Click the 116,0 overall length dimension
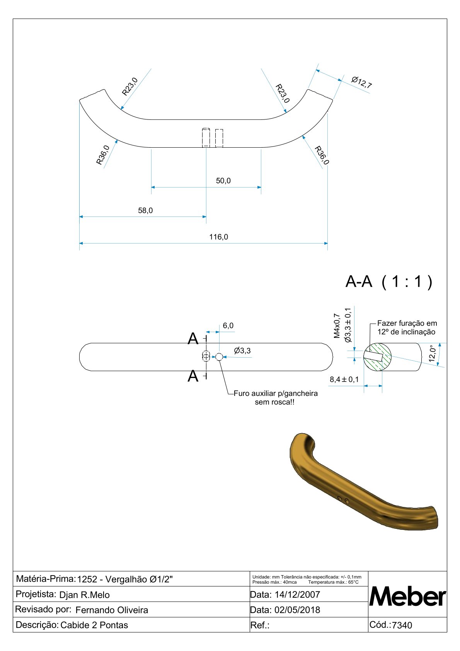click(218, 237)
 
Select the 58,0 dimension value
click(145, 211)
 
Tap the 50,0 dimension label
click(223, 181)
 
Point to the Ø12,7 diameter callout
click(361, 82)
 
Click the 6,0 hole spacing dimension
click(228, 325)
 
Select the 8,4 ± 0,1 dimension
click(344, 380)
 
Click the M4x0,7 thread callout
click(337, 326)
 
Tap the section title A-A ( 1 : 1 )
click(388, 282)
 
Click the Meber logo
click(407, 596)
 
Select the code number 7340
click(402, 625)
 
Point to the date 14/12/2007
click(297, 595)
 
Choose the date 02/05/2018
click(297, 610)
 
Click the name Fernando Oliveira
click(112, 610)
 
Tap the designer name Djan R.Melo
click(84, 595)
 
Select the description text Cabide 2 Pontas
click(94, 625)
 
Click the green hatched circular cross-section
click(377, 357)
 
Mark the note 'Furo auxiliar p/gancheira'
click(276, 394)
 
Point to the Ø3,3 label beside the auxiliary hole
click(242, 351)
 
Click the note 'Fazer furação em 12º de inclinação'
click(407, 327)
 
